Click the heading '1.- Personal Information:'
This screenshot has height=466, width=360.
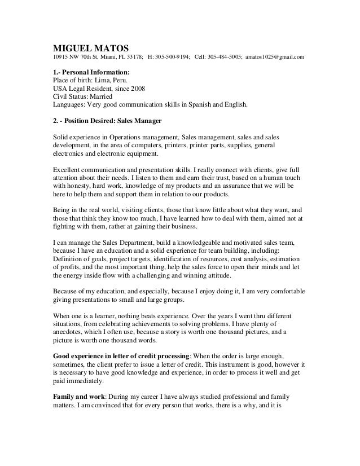pyautogui.click(x=91, y=73)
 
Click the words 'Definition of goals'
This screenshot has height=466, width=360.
pyautogui.click(x=77, y=263)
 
